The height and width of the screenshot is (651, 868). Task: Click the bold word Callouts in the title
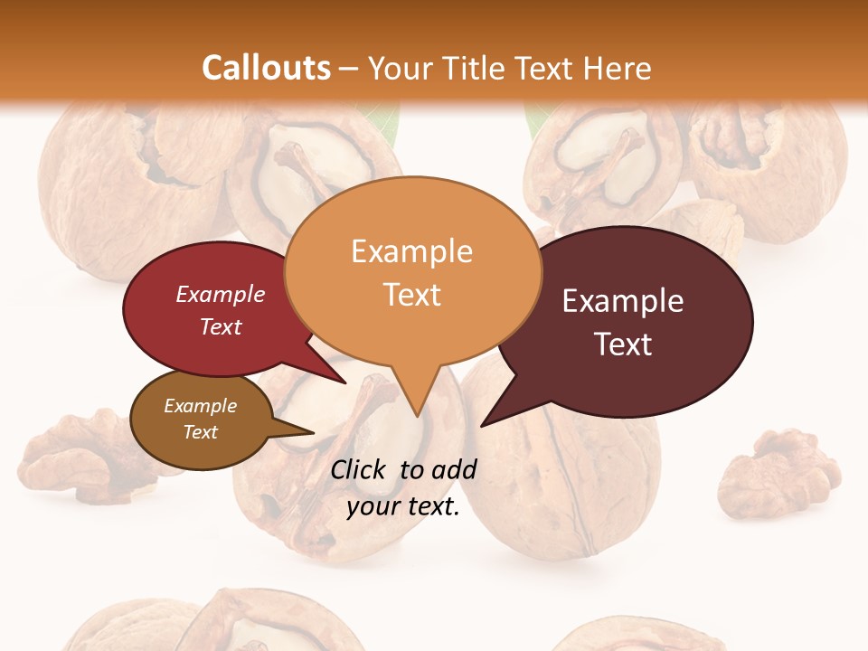point(266,68)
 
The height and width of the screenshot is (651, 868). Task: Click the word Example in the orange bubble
point(412,251)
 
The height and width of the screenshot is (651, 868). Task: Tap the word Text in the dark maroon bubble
point(624,344)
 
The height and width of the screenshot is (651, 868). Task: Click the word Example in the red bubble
point(221,294)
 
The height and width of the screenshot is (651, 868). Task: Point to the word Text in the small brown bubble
point(201,432)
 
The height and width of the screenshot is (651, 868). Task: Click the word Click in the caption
point(360,469)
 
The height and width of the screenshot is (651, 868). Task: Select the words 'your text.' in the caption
point(403,506)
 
